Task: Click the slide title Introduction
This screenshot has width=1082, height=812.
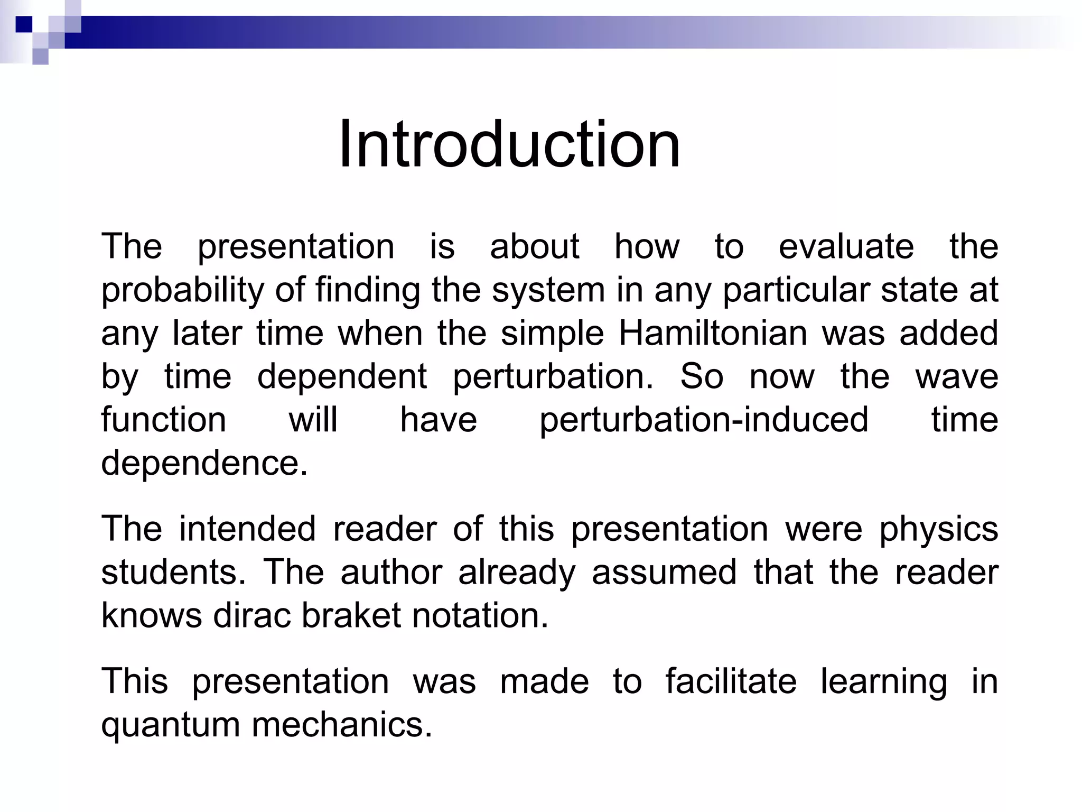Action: [509, 144]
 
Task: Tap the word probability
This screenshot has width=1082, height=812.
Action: [181, 291]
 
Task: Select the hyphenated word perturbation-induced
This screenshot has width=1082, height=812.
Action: [704, 420]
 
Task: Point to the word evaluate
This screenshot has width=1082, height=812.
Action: [846, 246]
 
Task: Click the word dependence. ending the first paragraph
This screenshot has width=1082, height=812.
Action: [204, 464]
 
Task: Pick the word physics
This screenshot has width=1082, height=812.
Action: [938, 529]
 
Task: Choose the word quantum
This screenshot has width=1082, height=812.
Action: [170, 725]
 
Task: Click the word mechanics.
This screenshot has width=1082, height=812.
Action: [342, 725]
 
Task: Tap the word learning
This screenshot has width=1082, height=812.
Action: [883, 682]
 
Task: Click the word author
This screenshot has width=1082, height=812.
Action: [391, 573]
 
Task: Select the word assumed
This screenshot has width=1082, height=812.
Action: [664, 573]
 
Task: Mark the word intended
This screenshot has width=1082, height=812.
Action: [247, 529]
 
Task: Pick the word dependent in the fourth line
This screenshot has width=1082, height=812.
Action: [342, 377]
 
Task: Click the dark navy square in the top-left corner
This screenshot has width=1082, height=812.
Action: [24, 24]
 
